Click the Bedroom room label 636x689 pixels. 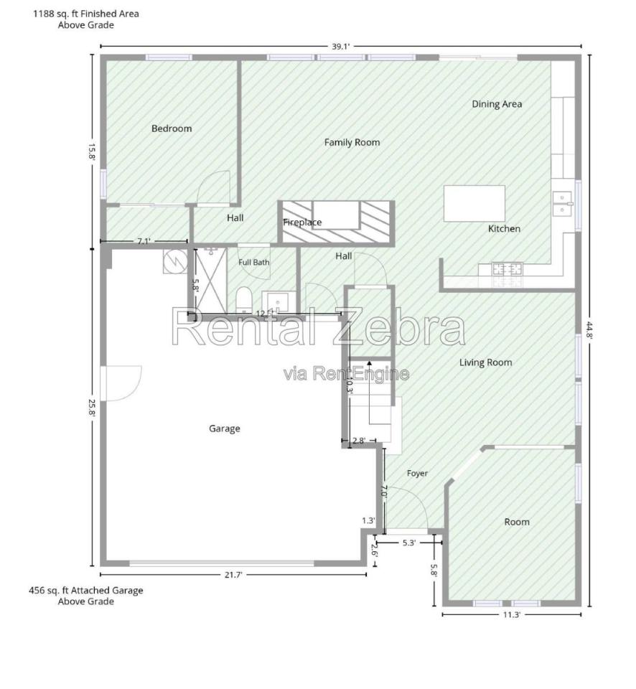click(x=172, y=128)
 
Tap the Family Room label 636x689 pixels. click(x=352, y=142)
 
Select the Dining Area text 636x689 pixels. click(x=497, y=104)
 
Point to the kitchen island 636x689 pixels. click(x=474, y=203)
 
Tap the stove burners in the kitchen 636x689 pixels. click(x=508, y=269)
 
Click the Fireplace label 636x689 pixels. click(x=302, y=222)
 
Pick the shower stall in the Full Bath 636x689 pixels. click(x=211, y=281)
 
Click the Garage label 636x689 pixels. click(x=224, y=428)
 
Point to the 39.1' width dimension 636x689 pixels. click(x=341, y=46)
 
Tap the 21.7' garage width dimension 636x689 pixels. click(x=233, y=575)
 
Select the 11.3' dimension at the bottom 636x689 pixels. click(x=512, y=615)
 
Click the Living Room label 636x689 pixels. click(x=486, y=362)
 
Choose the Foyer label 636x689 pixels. click(x=416, y=473)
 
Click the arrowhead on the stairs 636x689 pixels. click(x=369, y=364)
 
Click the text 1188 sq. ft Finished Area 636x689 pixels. click(x=86, y=14)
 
